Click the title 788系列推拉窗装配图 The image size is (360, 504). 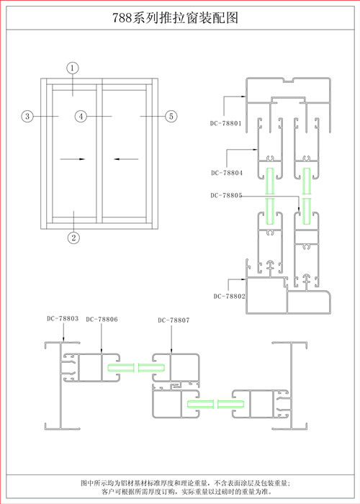175,18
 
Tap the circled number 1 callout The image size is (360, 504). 73,68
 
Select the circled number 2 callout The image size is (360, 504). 73,238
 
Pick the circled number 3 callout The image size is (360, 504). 27,116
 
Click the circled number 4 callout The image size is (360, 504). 81,116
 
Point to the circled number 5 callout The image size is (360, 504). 171,116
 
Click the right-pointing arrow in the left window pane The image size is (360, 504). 72,159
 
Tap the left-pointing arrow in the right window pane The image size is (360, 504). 126,159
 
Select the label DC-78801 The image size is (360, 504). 225,123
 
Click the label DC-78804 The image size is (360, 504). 227,173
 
